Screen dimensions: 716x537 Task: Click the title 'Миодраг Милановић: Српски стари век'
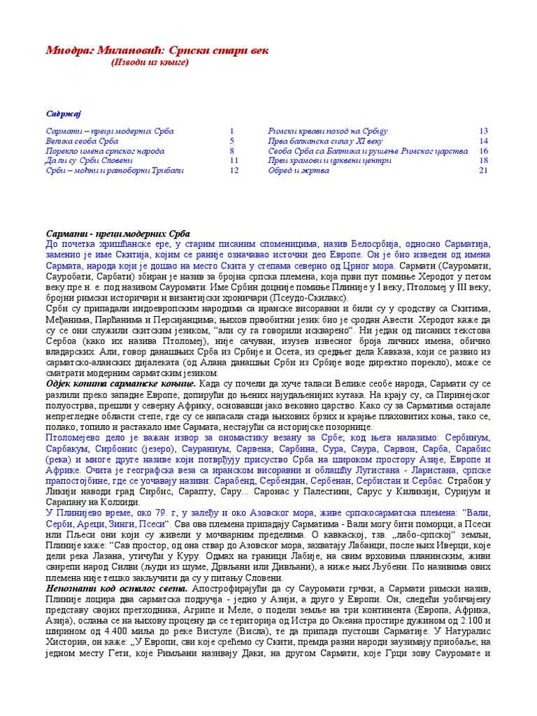point(157,51)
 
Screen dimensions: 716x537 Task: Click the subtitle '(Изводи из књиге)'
point(150,63)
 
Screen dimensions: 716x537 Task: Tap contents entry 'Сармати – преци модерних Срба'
point(110,131)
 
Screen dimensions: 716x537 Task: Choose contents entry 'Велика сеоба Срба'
point(82,141)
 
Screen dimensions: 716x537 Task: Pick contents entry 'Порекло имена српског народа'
point(105,151)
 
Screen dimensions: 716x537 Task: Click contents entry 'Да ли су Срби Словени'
point(89,160)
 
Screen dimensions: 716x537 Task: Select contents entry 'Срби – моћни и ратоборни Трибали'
point(115,170)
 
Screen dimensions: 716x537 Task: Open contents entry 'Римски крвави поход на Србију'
point(328,131)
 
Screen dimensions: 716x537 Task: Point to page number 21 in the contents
point(483,170)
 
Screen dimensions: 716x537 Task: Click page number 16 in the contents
point(483,151)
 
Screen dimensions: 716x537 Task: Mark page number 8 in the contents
point(231,151)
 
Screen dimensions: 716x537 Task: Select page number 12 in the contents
point(234,170)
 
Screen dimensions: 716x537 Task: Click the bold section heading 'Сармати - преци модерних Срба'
point(117,234)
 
